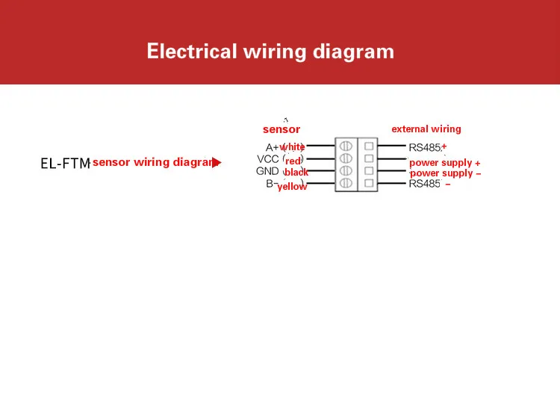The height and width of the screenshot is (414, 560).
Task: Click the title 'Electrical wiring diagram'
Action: (270, 52)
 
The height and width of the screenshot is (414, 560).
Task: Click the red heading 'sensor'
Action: (281, 129)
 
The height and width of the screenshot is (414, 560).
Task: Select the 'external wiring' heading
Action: (426, 129)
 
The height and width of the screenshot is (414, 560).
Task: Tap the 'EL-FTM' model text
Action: (65, 164)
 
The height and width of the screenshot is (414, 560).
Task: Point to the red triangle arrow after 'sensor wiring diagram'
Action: (217, 162)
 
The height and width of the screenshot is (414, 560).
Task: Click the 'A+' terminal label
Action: (272, 147)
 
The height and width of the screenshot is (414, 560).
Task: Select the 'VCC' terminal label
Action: (268, 159)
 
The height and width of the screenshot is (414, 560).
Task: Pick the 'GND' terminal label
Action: (267, 171)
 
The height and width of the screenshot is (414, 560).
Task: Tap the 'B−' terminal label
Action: (273, 183)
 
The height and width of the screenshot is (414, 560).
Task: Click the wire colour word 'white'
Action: (293, 147)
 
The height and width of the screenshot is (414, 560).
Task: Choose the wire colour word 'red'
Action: (293, 161)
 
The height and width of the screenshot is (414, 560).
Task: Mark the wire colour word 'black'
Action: (296, 173)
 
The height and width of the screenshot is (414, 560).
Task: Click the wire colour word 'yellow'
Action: (292, 187)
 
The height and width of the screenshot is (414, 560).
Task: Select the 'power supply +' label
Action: (445, 163)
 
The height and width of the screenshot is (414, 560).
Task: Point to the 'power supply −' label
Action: (446, 173)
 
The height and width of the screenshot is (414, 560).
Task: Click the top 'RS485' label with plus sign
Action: (428, 147)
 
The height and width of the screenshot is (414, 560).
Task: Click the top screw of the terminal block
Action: (346, 146)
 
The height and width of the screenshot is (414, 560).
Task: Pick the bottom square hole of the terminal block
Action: (369, 183)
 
